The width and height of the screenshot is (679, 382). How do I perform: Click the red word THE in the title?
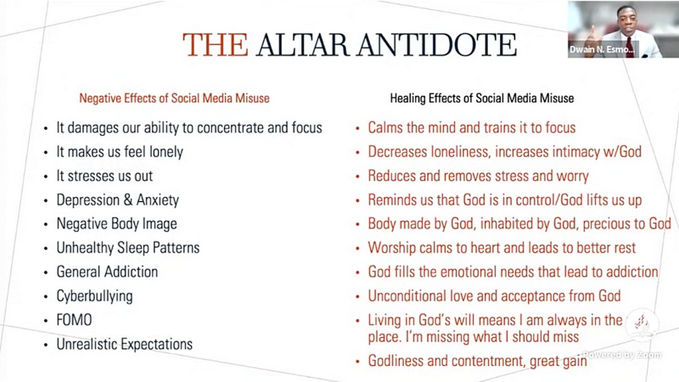pos(216,44)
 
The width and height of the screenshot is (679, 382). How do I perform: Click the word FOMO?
pos(74,320)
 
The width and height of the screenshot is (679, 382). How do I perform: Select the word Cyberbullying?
pos(94,296)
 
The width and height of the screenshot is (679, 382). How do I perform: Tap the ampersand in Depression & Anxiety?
pos(128,200)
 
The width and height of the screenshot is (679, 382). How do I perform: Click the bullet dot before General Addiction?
pos(46,273)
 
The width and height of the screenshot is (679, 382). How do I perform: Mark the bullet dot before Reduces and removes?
pos(357,176)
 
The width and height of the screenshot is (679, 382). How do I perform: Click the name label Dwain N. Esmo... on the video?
pos(602,49)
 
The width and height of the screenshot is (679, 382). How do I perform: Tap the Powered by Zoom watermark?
pos(622,355)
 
